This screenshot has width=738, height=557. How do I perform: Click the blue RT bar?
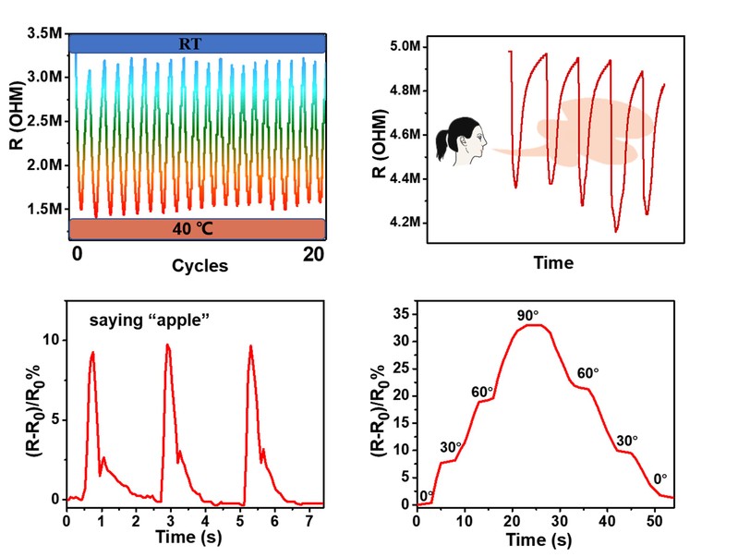pyautogui.click(x=198, y=42)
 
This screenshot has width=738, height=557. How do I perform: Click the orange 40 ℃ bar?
pyautogui.click(x=198, y=230)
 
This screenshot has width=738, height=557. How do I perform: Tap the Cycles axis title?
pyautogui.click(x=200, y=266)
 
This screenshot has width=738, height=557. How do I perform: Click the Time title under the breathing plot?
pyautogui.click(x=552, y=262)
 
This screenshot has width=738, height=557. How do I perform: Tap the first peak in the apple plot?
pyautogui.click(x=92, y=353)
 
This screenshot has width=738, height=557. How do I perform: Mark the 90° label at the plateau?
pyautogui.click(x=527, y=316)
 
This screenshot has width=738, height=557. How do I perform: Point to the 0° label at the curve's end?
pyautogui.click(x=659, y=478)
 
